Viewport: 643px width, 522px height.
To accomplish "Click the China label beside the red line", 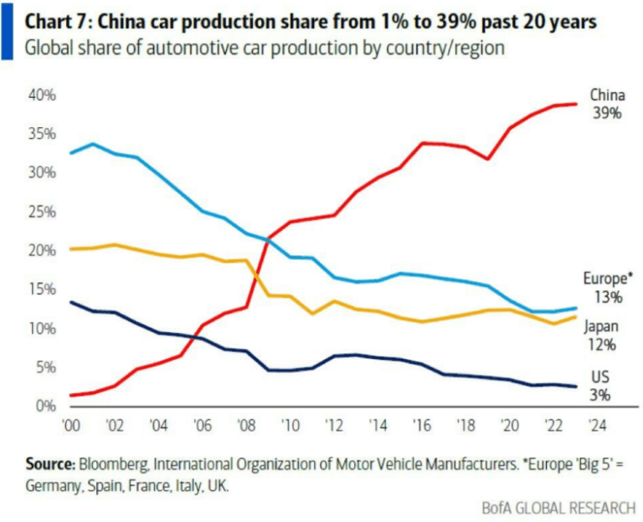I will [607, 95].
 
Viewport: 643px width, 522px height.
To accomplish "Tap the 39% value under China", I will [607, 113].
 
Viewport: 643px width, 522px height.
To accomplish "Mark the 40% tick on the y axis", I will [43, 95].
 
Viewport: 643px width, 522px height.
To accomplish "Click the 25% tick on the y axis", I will [43, 212].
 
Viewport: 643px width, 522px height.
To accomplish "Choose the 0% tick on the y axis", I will [46, 407].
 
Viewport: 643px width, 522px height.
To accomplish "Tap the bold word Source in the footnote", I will [50, 463].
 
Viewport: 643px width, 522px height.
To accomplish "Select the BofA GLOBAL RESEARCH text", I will [558, 507].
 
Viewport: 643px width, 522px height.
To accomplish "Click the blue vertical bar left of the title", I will [7, 33].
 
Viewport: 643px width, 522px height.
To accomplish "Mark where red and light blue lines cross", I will [267, 240].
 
